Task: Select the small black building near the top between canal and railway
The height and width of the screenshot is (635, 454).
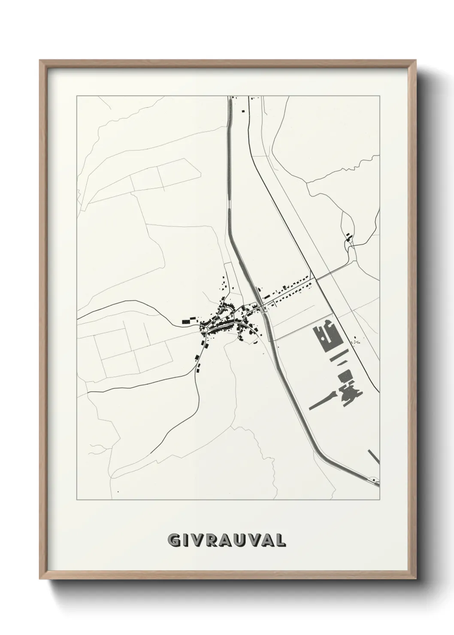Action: tap(243, 111)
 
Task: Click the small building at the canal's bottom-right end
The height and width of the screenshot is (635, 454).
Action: tap(375, 479)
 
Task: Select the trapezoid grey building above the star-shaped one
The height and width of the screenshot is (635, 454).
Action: tap(345, 376)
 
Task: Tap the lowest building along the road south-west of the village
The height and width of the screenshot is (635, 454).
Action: tap(198, 367)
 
